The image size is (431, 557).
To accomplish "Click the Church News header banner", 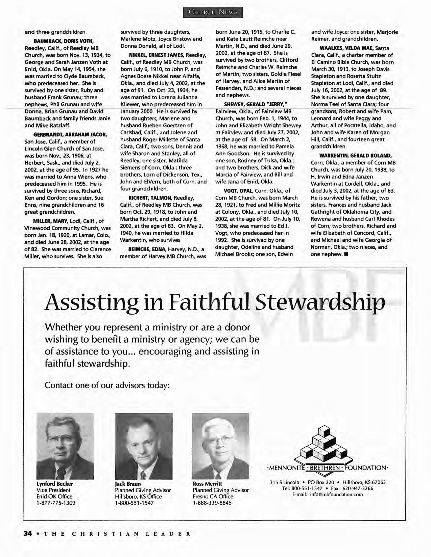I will [x=213, y=12].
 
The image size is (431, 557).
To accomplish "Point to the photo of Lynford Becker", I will [x=65, y=446].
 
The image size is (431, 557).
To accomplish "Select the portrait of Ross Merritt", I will [x=220, y=446].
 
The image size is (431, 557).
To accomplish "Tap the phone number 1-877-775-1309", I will [x=56, y=503].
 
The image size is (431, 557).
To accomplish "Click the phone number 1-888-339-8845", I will [x=212, y=503].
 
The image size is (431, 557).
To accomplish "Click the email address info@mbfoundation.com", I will [x=328, y=495].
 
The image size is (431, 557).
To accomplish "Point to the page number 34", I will [x=27, y=534].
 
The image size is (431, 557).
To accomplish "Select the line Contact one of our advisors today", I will [x=107, y=385].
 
